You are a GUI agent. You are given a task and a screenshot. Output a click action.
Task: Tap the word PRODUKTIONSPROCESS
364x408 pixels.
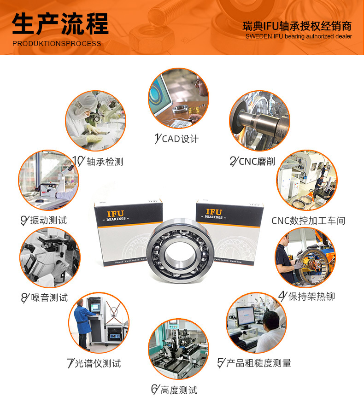point(57,44)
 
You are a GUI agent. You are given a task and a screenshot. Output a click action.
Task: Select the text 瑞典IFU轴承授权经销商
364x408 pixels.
point(297,26)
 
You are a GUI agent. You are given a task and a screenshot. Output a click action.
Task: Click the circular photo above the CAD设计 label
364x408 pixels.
point(178,98)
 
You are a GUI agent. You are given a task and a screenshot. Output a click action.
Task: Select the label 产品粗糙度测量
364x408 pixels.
point(258,363)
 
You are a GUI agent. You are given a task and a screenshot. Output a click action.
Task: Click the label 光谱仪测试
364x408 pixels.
point(98,363)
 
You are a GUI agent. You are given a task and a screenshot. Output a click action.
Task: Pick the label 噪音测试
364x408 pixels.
point(49,298)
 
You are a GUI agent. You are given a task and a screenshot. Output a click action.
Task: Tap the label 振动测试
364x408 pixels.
point(48,220)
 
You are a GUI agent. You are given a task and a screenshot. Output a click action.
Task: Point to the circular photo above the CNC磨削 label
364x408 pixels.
point(260,121)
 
